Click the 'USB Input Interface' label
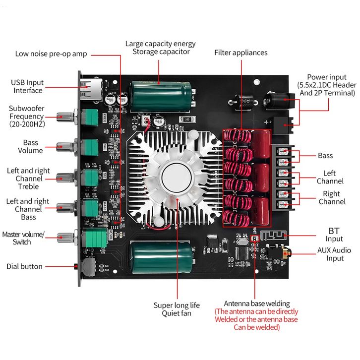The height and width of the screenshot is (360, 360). [28, 86]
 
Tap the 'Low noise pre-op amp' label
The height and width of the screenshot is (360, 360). [51, 54]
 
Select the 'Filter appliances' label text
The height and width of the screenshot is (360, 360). [240, 53]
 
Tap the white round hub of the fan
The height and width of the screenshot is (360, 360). [175, 177]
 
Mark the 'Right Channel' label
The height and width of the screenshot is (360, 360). [332, 198]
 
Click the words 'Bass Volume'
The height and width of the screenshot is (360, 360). [31, 147]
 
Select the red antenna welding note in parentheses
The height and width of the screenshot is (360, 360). [256, 319]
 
